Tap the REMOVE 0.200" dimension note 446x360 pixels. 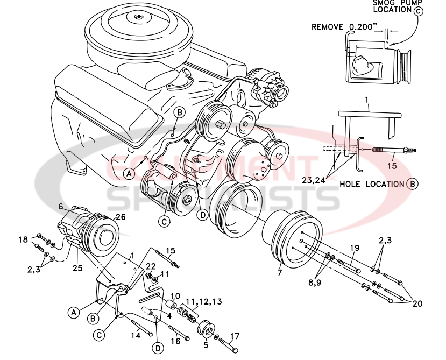point(344,27)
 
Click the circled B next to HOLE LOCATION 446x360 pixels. point(413,183)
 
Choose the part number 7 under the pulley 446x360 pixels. point(279,273)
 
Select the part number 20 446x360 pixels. point(417,303)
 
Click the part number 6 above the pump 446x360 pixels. point(61,206)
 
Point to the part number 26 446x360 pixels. point(120,217)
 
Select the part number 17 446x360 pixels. point(235,337)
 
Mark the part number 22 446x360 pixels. point(151,266)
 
